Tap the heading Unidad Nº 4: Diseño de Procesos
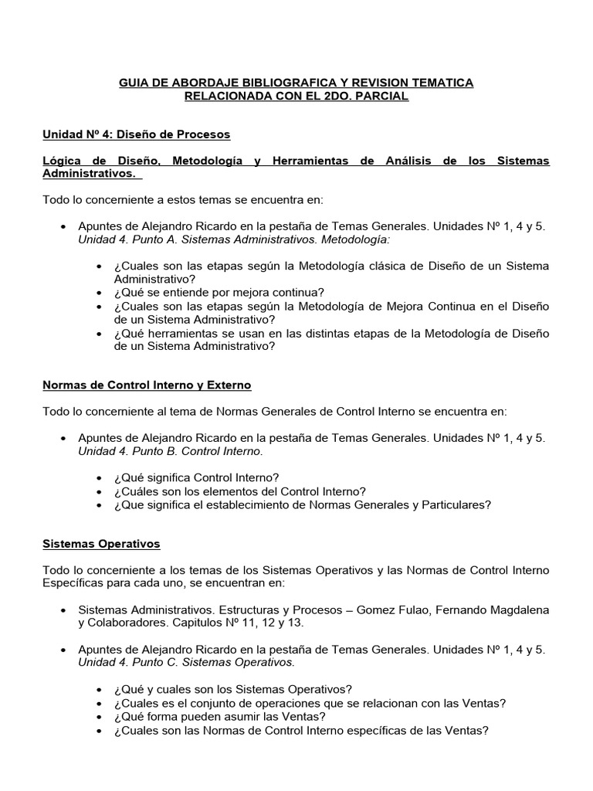[x=136, y=134]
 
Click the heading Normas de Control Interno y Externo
[x=147, y=385]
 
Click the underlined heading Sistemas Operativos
[x=101, y=545]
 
